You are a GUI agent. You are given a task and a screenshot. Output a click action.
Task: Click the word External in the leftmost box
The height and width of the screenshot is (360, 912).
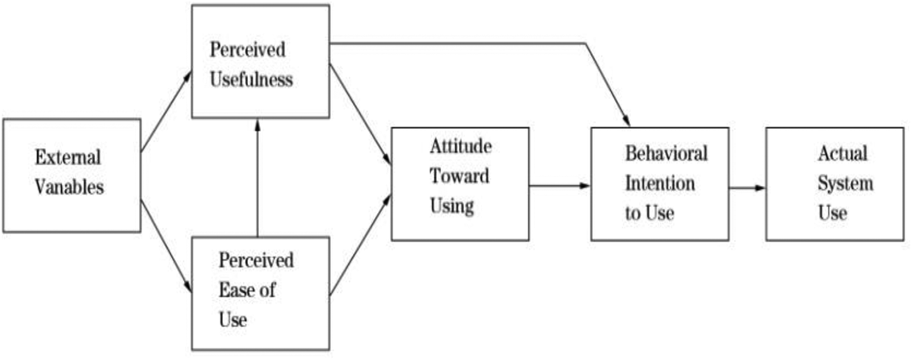(x=67, y=157)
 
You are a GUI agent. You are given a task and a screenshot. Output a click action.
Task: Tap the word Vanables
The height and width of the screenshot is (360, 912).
(x=69, y=187)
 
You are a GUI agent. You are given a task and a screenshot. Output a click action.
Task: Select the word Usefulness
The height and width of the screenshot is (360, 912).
(x=251, y=80)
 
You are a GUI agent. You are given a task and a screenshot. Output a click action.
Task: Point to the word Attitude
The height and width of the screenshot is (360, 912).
(x=460, y=147)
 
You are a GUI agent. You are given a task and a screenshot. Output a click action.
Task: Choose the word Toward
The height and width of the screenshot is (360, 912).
(x=459, y=176)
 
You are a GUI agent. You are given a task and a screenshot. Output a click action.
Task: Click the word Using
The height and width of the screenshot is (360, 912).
(x=452, y=206)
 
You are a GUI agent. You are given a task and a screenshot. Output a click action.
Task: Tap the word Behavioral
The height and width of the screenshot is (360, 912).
(x=666, y=153)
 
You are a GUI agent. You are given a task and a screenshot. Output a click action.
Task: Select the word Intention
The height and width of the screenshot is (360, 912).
(x=660, y=182)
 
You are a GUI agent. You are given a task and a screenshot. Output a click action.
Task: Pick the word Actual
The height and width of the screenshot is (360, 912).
(x=843, y=153)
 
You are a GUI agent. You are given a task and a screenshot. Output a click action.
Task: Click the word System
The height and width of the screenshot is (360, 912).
(x=845, y=183)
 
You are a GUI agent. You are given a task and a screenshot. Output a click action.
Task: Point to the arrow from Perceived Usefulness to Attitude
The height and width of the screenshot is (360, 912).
(x=360, y=113)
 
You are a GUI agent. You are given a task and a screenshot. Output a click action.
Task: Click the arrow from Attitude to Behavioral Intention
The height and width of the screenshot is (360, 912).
(x=559, y=185)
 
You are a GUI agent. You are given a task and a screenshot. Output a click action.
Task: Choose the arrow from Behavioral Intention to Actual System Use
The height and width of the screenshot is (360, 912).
(x=747, y=188)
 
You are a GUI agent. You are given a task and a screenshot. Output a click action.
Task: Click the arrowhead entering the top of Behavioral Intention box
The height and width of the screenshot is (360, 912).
(x=626, y=120)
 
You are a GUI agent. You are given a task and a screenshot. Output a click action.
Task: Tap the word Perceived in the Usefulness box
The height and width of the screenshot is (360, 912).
(x=247, y=50)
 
